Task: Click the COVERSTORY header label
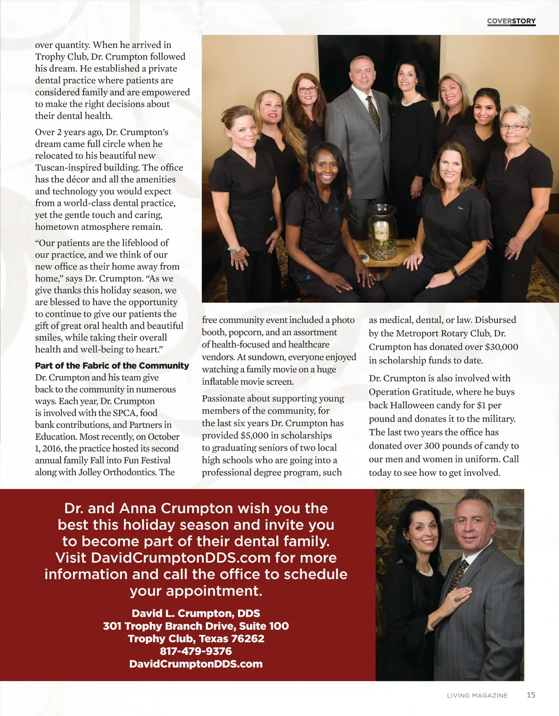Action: point(511,21)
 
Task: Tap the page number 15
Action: point(531,695)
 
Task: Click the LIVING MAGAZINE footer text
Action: point(477,695)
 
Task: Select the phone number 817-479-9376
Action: point(195,651)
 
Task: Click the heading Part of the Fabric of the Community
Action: point(112,366)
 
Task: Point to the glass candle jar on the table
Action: point(382,232)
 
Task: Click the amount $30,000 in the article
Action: point(497,347)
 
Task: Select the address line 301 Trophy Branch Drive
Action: point(195,626)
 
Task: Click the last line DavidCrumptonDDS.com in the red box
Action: point(195,664)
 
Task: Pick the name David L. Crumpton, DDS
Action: point(195,613)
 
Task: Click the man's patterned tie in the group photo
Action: point(373,112)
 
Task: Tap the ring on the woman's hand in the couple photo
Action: point(458,599)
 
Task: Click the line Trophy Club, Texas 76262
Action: point(195,639)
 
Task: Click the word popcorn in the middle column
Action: point(245,332)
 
